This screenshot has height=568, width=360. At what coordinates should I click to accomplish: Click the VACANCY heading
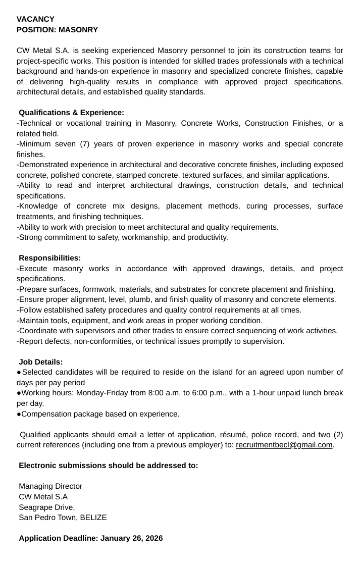pyautogui.click(x=35, y=19)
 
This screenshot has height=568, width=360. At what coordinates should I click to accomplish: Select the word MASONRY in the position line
pyautogui.click(x=78, y=30)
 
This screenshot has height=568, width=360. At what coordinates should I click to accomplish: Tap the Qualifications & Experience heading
pyautogui.click(x=71, y=112)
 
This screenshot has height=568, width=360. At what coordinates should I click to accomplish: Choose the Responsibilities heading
pyautogui.click(x=49, y=258)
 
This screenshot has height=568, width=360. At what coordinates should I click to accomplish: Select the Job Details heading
pyautogui.click(x=41, y=362)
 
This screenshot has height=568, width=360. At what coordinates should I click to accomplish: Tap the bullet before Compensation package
pyautogui.click(x=19, y=415)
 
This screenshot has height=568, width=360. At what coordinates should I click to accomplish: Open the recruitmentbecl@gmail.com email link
pyautogui.click(x=284, y=445)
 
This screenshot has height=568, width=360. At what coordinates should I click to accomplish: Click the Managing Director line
pyautogui.click(x=50, y=486)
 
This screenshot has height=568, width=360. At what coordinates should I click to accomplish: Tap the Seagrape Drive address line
pyautogui.click(x=46, y=507)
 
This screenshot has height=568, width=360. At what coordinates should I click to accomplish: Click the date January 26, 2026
pyautogui.click(x=131, y=538)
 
